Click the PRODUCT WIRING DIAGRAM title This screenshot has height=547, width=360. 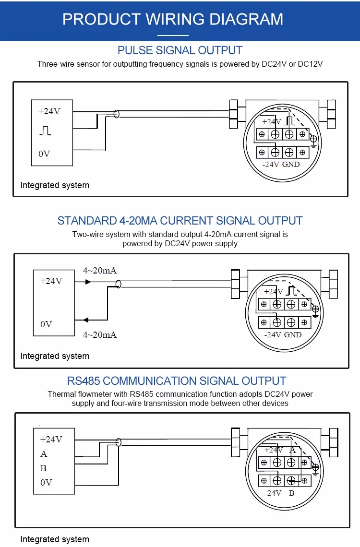coord(173,19)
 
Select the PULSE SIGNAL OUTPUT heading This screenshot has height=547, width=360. coord(180,50)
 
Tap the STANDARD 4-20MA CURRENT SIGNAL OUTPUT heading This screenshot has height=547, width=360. coord(180,221)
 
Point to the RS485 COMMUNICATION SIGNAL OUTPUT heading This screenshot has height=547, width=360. coord(177,381)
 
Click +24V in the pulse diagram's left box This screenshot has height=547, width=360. coord(49,111)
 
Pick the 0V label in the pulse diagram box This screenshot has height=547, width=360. coord(44,154)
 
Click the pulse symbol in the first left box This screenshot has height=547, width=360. coord(45,131)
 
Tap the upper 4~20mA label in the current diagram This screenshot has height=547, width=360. coord(100,271)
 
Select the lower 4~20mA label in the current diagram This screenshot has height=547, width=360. coord(100,334)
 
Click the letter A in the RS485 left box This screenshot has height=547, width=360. coord(44,454)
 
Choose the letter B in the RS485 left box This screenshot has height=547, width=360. coord(44,468)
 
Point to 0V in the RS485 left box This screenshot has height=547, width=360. coord(46,483)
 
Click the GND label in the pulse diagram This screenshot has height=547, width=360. coord(291,164)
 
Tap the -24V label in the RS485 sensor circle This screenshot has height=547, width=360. coord(273,493)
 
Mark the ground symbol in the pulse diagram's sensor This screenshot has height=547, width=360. coord(313,140)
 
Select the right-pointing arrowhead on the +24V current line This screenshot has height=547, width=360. coord(88,282)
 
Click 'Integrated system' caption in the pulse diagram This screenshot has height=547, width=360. coord(55,185)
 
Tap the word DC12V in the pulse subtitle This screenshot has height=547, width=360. coord(310,64)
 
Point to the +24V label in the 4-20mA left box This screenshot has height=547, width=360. coord(51,281)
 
